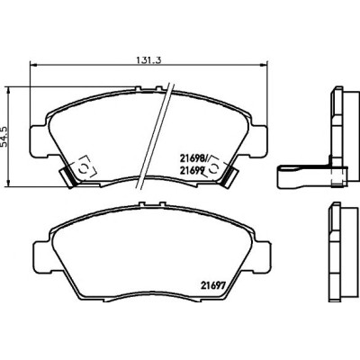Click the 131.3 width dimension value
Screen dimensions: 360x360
point(149,60)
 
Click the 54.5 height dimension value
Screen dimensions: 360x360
point(4,136)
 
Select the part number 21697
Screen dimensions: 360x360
point(212,285)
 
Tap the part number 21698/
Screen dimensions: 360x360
point(194,157)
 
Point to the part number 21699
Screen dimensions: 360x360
point(193,170)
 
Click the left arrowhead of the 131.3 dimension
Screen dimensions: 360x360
point(33,65)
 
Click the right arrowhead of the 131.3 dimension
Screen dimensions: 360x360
point(264,65)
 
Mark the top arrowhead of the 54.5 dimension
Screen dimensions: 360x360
point(9,90)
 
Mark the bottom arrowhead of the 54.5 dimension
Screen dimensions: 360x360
point(9,184)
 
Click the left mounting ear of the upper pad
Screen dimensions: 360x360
point(39,140)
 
